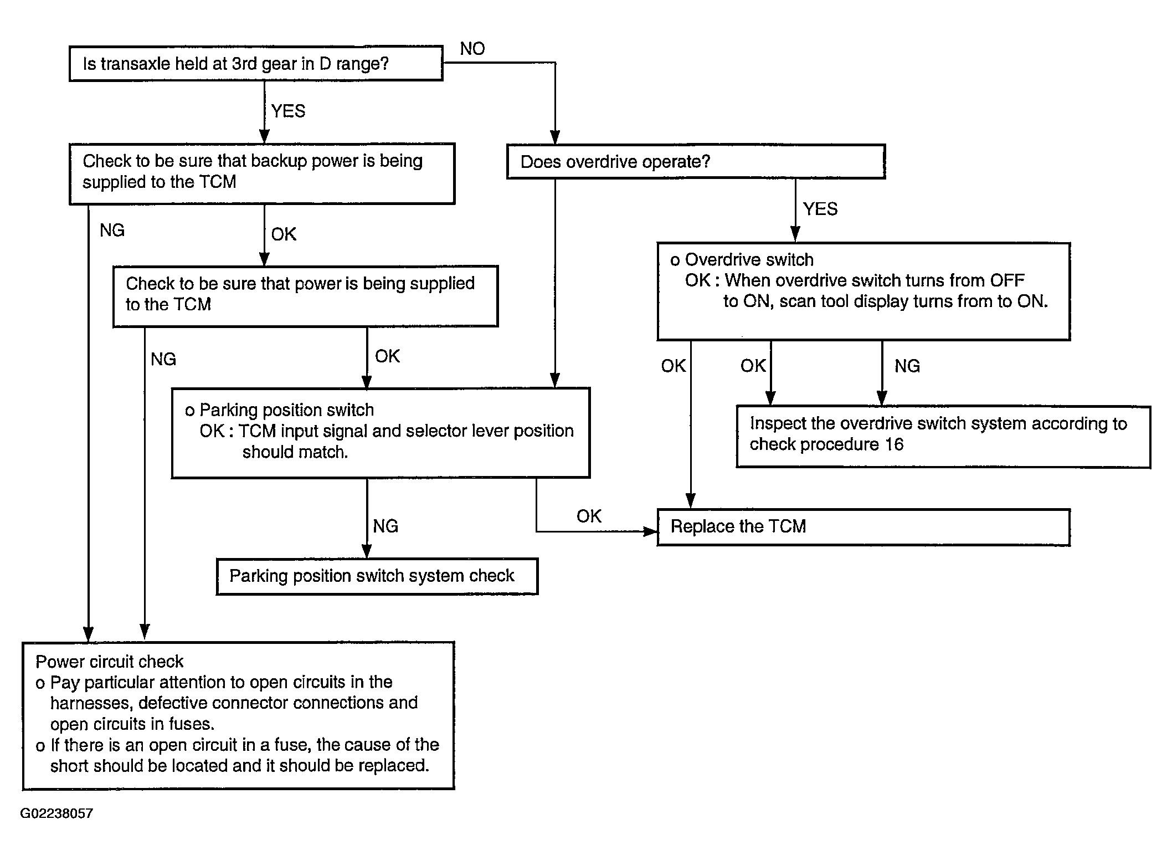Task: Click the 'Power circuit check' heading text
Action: tap(109, 661)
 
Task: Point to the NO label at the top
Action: tap(472, 49)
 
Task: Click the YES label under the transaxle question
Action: tap(288, 111)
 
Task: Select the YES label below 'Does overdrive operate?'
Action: tap(820, 209)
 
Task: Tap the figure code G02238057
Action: tap(56, 813)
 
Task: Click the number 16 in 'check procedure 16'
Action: tap(894, 444)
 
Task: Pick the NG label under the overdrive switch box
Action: tap(907, 366)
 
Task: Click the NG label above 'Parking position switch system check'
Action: tap(385, 526)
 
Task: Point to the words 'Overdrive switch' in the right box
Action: tap(749, 259)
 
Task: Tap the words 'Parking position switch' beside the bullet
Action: tap(286, 410)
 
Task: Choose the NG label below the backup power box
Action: tap(112, 230)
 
